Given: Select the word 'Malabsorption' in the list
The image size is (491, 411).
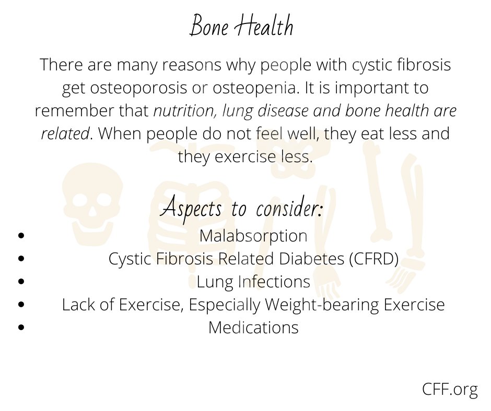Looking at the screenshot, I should [253, 236].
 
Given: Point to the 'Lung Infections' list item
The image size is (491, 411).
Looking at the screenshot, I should [253, 282].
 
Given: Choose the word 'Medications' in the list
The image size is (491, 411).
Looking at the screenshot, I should [253, 328].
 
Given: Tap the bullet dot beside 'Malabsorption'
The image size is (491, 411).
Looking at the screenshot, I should [21, 236].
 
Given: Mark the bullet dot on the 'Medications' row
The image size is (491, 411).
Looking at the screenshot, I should [21, 328].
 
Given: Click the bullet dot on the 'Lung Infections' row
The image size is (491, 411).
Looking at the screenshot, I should [21, 282].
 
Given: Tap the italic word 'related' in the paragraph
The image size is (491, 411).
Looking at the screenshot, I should [64, 134].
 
